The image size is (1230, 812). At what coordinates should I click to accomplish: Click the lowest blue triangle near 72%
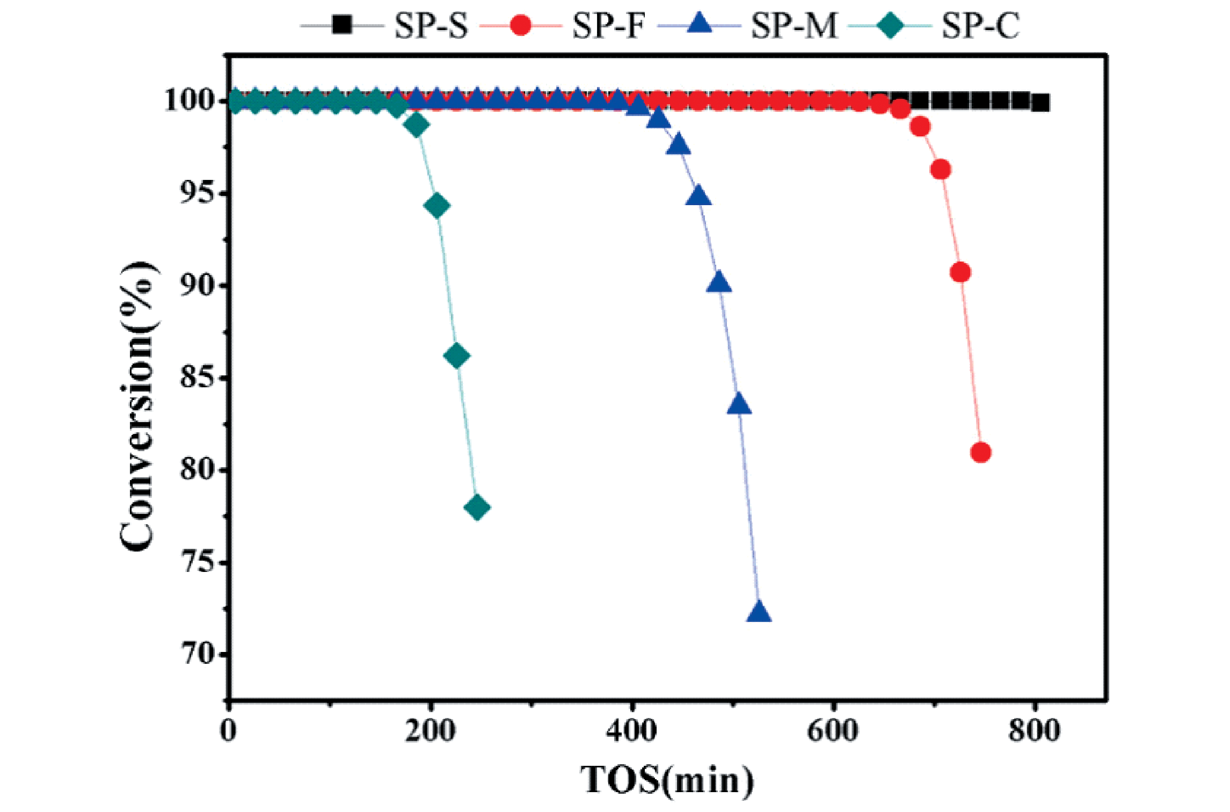point(759,612)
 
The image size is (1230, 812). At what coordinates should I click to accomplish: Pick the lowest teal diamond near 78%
point(477,508)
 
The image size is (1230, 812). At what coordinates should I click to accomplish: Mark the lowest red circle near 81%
point(981,453)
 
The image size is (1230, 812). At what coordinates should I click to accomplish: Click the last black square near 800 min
point(1040,103)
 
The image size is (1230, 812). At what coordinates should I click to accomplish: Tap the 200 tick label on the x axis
point(431,731)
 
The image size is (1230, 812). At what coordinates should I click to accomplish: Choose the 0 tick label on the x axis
point(229,731)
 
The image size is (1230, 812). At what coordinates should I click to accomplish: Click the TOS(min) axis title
point(667,780)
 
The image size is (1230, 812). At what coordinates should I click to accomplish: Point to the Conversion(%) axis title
point(136,407)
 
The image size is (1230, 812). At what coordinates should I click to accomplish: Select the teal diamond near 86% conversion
point(457,356)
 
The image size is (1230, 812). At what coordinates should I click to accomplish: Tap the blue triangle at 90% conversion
point(719,282)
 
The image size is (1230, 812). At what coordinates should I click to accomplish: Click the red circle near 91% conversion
point(960,273)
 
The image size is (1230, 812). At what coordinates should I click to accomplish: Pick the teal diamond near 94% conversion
point(437,206)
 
